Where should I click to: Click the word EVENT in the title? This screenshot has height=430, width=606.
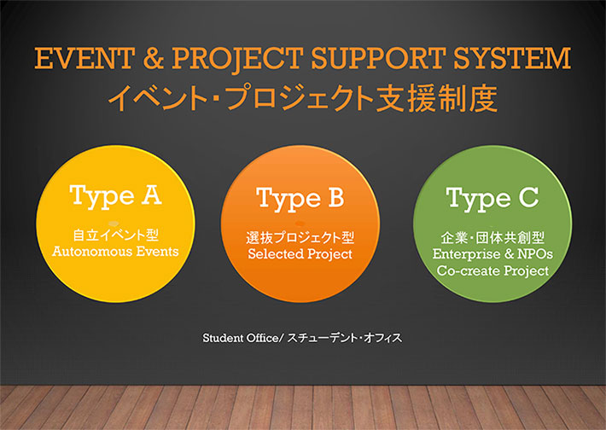tap(84, 58)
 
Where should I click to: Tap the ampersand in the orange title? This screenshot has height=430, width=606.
tap(153, 58)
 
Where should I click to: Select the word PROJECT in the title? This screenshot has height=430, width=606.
tap(237, 59)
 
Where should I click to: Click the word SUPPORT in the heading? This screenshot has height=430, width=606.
tap(378, 58)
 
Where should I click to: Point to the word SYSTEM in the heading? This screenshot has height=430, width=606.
tap(512, 58)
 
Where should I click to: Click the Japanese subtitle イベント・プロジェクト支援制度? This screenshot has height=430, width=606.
tap(303, 98)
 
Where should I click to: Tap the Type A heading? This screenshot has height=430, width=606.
tap(115, 196)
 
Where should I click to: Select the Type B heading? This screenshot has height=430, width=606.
tap(300, 199)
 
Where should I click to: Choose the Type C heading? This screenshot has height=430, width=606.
tap(492, 199)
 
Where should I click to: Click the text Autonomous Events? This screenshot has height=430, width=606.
tap(115, 252)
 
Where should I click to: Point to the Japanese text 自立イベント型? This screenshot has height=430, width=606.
tap(116, 235)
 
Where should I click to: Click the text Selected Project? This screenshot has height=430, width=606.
tap(300, 254)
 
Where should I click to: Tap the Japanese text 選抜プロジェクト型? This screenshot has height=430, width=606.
tap(300, 237)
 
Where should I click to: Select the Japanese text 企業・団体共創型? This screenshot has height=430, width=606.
tap(492, 237)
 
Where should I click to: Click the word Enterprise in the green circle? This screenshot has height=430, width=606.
tap(466, 254)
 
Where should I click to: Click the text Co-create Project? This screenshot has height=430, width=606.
tap(492, 270)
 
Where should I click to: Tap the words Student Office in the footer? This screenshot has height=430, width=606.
tap(241, 338)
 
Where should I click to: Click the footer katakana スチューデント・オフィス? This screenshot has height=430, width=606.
tap(345, 338)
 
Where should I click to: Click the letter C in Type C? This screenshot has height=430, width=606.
tap(528, 197)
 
